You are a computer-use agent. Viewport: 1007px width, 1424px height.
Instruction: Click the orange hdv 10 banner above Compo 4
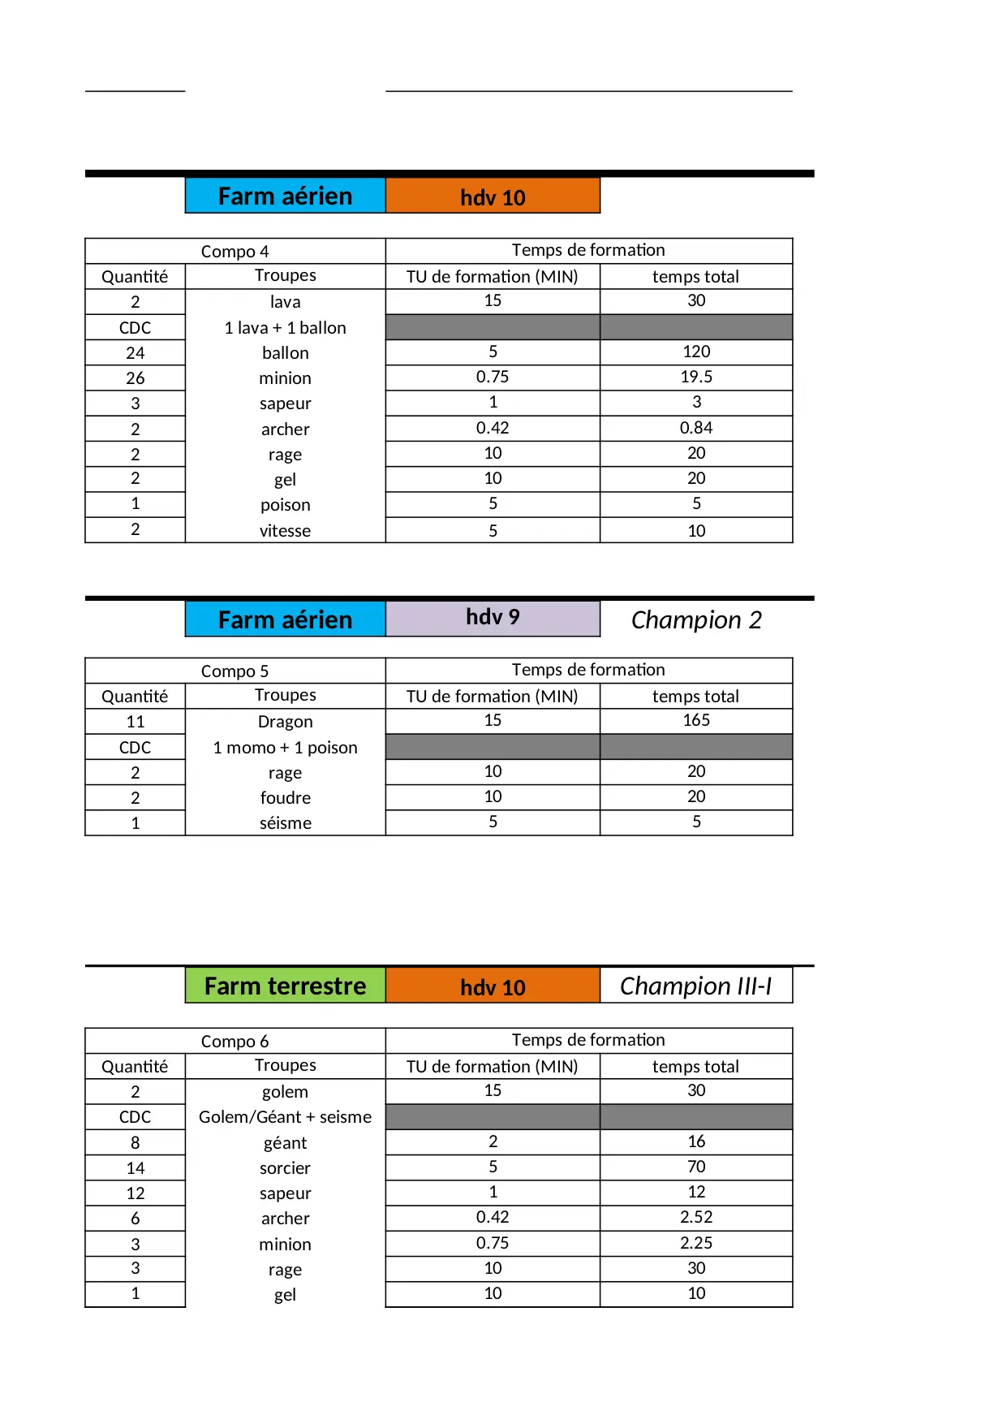[x=493, y=196]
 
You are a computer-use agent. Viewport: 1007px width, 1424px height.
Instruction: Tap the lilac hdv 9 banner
[x=493, y=618]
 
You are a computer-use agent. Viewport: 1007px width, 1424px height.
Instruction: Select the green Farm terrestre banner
[x=285, y=986]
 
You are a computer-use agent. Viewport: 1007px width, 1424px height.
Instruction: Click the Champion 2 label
[x=696, y=620]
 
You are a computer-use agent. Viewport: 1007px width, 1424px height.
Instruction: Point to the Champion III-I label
[x=695, y=986]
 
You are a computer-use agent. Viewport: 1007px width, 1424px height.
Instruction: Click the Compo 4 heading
[x=235, y=252]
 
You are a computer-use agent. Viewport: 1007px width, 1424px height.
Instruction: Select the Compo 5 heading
[x=235, y=671]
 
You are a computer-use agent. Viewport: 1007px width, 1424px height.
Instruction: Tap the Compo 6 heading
[x=235, y=1042]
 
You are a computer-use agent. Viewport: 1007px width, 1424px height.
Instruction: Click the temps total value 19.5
[x=696, y=377]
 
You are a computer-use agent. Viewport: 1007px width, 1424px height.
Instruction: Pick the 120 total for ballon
[x=696, y=352]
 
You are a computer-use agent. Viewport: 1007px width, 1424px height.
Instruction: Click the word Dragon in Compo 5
[x=285, y=722]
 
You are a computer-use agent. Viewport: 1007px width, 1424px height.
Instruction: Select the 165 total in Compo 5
[x=696, y=720]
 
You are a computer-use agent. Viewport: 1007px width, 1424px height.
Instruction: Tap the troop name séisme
[x=285, y=823]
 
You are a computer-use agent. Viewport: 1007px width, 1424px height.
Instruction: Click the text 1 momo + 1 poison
[x=285, y=748]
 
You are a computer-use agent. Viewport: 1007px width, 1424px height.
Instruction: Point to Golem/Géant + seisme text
[x=285, y=1117]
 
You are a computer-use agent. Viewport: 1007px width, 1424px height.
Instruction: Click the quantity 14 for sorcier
[x=136, y=1168]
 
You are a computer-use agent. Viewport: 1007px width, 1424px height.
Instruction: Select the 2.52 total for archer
[x=696, y=1217]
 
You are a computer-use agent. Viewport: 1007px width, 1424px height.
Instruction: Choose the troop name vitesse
[x=285, y=531]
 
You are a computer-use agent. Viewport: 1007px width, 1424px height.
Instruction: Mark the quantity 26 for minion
[x=136, y=378]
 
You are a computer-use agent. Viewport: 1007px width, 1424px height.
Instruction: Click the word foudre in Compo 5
[x=285, y=798]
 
